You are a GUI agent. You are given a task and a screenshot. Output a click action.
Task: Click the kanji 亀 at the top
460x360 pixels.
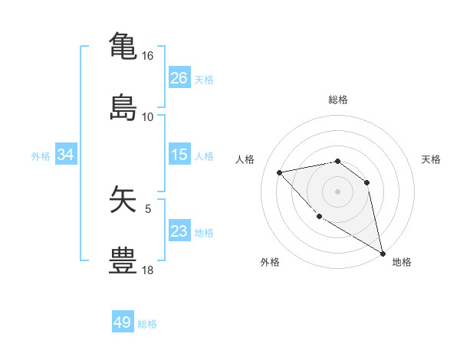(x=123, y=45)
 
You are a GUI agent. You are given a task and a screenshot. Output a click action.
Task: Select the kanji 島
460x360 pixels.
(x=123, y=107)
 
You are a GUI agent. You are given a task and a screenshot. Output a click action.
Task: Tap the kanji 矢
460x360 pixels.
(x=123, y=200)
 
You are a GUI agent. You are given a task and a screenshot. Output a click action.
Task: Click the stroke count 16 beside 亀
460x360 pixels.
(x=147, y=56)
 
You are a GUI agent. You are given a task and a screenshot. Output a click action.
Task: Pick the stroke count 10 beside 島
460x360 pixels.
(x=147, y=117)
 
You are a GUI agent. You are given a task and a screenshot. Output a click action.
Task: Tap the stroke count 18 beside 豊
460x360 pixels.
(x=147, y=270)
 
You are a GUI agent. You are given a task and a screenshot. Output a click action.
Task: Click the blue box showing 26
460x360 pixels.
(x=179, y=78)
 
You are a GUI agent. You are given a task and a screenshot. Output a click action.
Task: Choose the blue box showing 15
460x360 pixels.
(x=179, y=155)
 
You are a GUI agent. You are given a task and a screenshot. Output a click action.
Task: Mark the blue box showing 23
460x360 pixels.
(x=179, y=231)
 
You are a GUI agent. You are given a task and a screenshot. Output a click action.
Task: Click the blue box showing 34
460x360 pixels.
(x=65, y=155)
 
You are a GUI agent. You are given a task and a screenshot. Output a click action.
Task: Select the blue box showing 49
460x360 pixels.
(x=123, y=322)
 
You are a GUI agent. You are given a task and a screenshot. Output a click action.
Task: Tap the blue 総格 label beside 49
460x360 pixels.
(x=147, y=324)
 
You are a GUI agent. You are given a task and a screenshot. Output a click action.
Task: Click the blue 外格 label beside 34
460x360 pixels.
(x=41, y=156)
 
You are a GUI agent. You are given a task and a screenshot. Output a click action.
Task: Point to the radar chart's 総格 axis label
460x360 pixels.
(x=337, y=100)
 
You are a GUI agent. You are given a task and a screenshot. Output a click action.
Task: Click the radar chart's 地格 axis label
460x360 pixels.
(x=402, y=262)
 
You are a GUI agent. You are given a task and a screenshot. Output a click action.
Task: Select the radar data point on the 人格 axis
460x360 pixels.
(x=280, y=172)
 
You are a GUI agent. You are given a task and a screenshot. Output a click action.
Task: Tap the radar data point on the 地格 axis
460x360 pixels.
(x=383, y=254)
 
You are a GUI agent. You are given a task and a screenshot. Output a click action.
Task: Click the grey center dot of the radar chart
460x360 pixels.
(x=337, y=191)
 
